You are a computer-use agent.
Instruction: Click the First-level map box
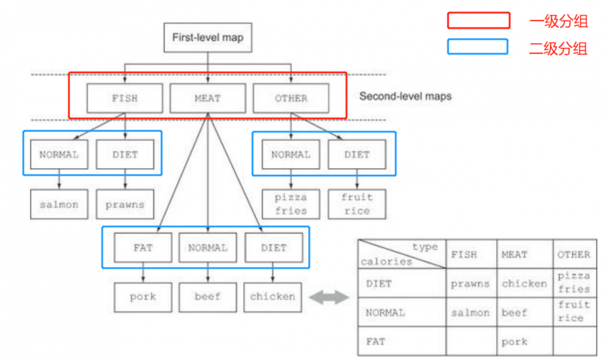pyautogui.click(x=208, y=38)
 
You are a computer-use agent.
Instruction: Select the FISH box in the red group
pyautogui.click(x=124, y=98)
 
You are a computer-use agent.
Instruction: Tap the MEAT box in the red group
pyautogui.click(x=208, y=98)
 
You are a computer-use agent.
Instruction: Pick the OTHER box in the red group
pyautogui.click(x=291, y=98)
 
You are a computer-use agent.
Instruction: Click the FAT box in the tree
pyautogui.click(x=143, y=248)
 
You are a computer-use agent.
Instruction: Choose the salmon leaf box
pyautogui.click(x=59, y=205)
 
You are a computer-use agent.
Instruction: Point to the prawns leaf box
pyautogui.click(x=125, y=205)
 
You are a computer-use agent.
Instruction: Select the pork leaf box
pyautogui.click(x=143, y=297)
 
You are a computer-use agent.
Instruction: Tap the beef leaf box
pyautogui.click(x=207, y=297)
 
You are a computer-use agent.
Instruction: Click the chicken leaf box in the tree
pyautogui.click(x=273, y=297)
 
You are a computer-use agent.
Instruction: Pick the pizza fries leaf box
pyautogui.click(x=291, y=204)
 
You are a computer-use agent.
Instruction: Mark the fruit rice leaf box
pyautogui.click(x=357, y=204)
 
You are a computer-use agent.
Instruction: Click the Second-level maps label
pyautogui.click(x=405, y=96)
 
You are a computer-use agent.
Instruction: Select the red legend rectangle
pyautogui.click(x=478, y=21)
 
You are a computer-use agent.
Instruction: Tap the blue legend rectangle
pyautogui.click(x=478, y=47)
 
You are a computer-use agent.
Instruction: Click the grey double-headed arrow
pyautogui.click(x=329, y=297)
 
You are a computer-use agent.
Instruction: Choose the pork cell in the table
pyautogui.click(x=514, y=342)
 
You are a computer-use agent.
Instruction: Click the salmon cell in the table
pyautogui.click(x=470, y=313)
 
